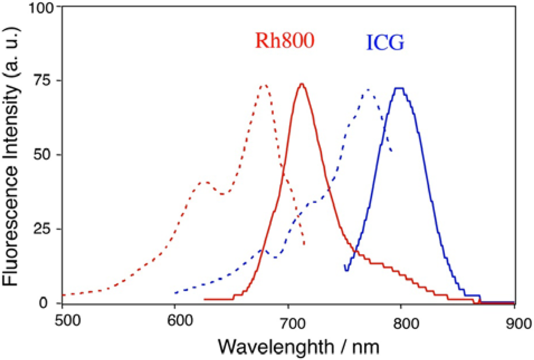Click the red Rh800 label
pyautogui.click(x=284, y=41)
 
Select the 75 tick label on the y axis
pyautogui.click(x=45, y=81)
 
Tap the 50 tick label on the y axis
pyautogui.click(x=45, y=155)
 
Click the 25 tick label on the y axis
pyautogui.click(x=45, y=229)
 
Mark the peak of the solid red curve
pyautogui.click(x=301, y=84)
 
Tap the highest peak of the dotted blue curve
pyautogui.click(x=369, y=90)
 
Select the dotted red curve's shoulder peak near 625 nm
pyautogui.click(x=204, y=182)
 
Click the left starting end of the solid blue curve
pyautogui.click(x=345, y=267)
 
